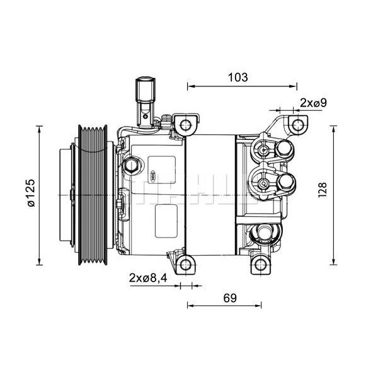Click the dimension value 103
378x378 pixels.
point(237,77)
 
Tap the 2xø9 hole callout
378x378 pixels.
point(312,103)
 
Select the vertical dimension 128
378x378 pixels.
point(322,188)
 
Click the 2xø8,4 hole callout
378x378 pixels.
point(149,278)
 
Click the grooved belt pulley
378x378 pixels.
point(94,194)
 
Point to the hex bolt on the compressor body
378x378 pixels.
point(132,166)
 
